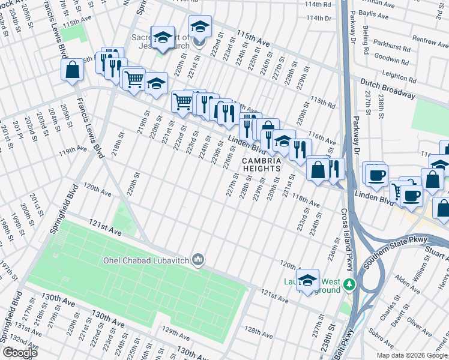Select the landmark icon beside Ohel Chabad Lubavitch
[x=200, y=260]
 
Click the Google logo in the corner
[x=20, y=353]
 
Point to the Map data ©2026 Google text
[x=412, y=355]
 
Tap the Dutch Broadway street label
[x=388, y=88]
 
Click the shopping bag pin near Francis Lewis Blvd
[x=72, y=69]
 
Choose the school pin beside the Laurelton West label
[x=307, y=279]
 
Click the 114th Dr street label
[x=319, y=19]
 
